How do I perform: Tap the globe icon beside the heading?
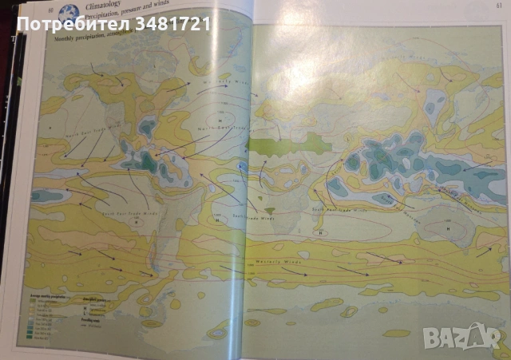point(69,14)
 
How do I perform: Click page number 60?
point(50,8)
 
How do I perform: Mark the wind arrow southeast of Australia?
point(483,250)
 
